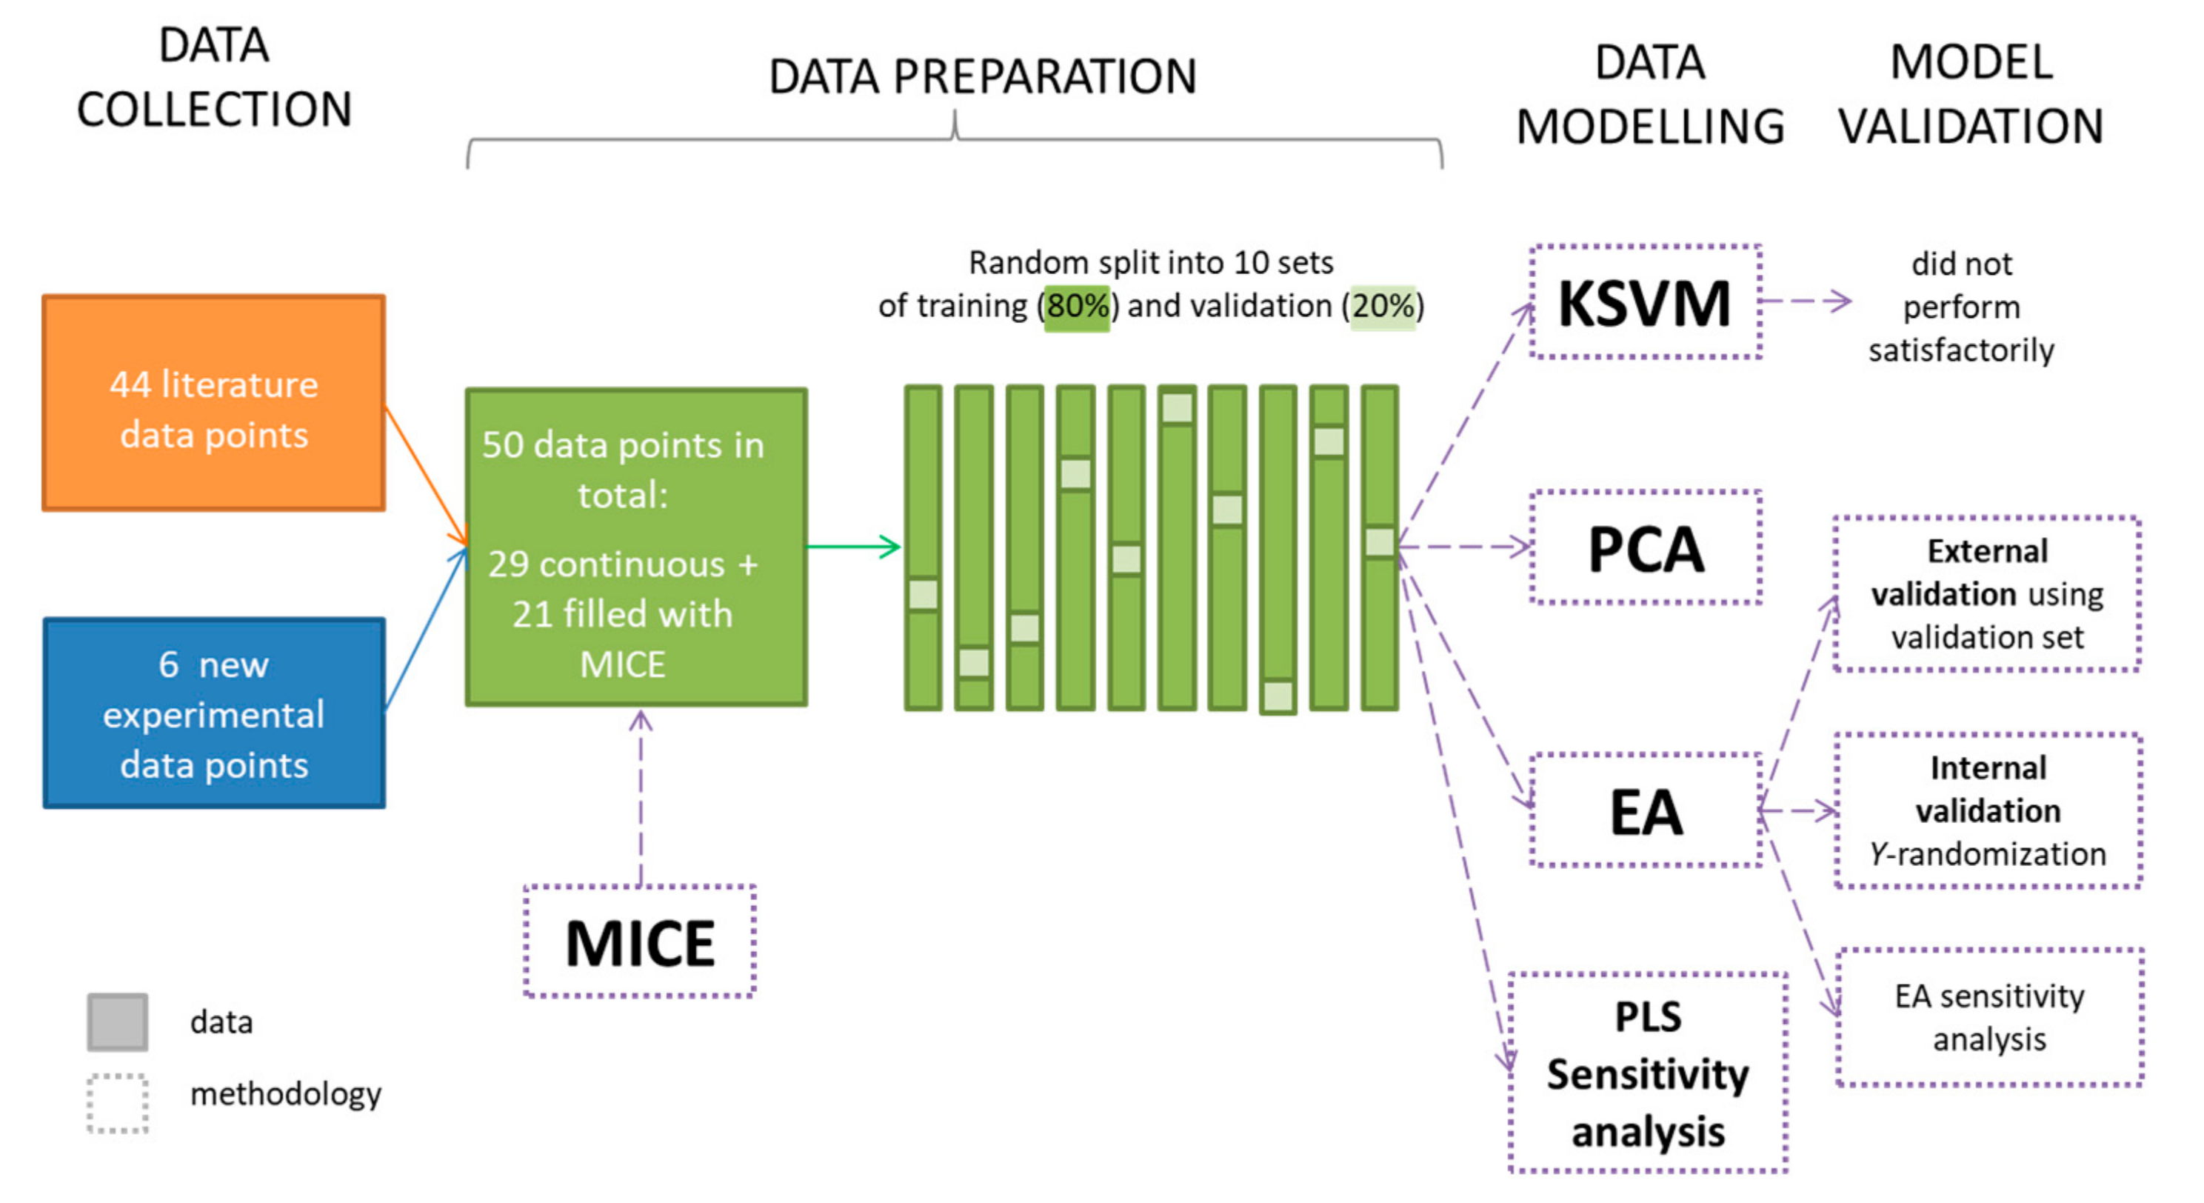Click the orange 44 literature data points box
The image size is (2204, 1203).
[x=214, y=403]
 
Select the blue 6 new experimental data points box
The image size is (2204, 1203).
[x=214, y=713]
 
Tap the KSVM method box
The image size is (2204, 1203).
[x=1644, y=302]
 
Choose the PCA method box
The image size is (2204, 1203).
[x=1644, y=547]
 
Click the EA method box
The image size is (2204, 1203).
[x=1644, y=810]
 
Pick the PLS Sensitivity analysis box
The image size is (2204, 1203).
[x=1648, y=1073]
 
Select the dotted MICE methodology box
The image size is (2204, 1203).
[x=640, y=942]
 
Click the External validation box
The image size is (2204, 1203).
[x=1987, y=594]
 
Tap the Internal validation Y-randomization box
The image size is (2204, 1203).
[x=1988, y=810]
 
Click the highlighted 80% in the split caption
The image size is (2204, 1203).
[x=1077, y=305]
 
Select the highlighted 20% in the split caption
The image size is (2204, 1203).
[x=1383, y=305]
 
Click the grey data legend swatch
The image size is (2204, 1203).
[x=117, y=1022]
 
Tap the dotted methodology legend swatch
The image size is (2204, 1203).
[x=117, y=1104]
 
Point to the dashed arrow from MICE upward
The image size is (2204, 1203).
[x=641, y=796]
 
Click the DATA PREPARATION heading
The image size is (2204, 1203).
[x=982, y=76]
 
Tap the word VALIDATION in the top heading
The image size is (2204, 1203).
[x=1971, y=127]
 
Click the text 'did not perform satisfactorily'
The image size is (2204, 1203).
[x=1961, y=307]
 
